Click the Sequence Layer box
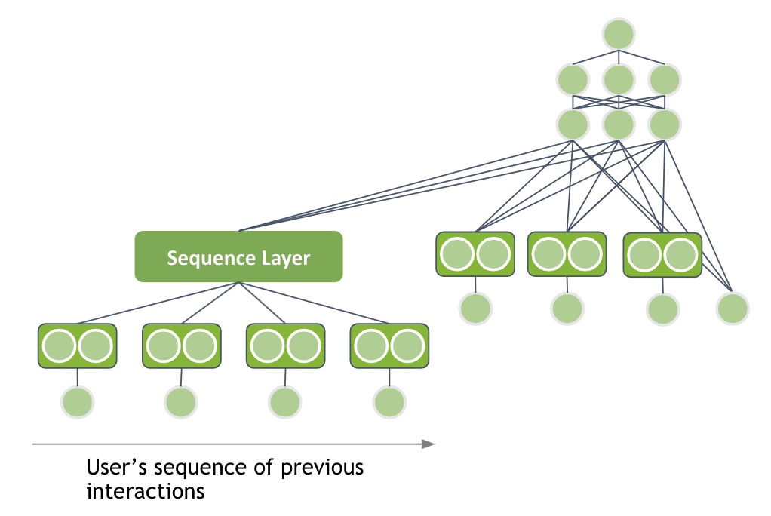pos(238,257)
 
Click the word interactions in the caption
pos(145,491)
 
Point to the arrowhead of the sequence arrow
pos(429,444)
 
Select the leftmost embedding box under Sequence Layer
pos(77,346)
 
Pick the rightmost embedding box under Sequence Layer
pos(389,346)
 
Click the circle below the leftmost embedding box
pos(77,401)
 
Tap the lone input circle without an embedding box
pos(733,308)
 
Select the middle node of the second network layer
pos(619,79)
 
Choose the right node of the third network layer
pos(664,124)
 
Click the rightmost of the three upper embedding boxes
pos(662,254)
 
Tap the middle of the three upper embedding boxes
pos(567,254)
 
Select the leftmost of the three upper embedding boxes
pos(475,254)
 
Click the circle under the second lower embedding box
pos(181,401)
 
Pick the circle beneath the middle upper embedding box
pos(567,308)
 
